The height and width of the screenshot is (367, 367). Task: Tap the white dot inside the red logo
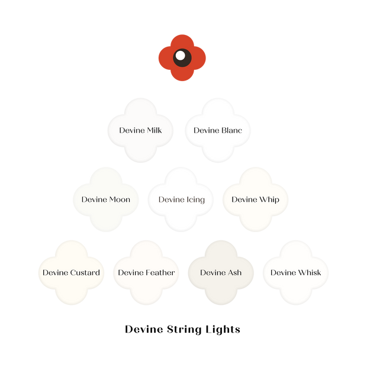click(180, 56)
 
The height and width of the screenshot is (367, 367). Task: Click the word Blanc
click(231, 130)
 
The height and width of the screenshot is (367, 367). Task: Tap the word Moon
click(119, 199)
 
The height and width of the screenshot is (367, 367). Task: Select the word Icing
click(195, 199)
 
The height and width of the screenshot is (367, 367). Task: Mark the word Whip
click(269, 199)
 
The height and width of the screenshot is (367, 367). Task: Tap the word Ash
click(234, 273)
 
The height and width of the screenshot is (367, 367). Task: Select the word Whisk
click(310, 273)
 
